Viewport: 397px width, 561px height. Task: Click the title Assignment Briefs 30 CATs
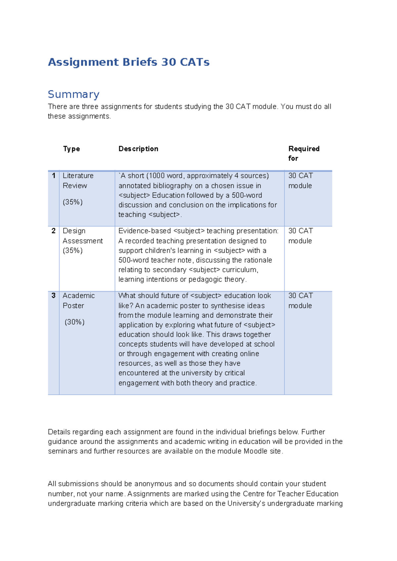click(x=129, y=62)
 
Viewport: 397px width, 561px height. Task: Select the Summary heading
click(x=73, y=94)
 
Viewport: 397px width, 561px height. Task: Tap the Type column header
click(x=71, y=149)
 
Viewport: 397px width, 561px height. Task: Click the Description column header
click(x=138, y=149)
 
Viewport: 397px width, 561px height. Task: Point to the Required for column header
click(x=303, y=153)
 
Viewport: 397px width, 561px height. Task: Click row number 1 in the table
click(x=54, y=176)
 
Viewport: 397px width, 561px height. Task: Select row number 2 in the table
click(x=54, y=231)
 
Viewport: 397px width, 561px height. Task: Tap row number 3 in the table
click(x=54, y=296)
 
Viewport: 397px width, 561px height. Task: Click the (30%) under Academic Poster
click(x=74, y=322)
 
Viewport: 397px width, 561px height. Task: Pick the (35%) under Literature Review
click(x=72, y=202)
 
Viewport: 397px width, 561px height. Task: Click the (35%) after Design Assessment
click(x=72, y=250)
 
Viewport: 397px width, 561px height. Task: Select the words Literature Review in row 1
click(x=78, y=181)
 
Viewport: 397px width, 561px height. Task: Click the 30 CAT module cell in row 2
click(x=300, y=236)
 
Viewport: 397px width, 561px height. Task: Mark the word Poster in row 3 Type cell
click(x=73, y=306)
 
